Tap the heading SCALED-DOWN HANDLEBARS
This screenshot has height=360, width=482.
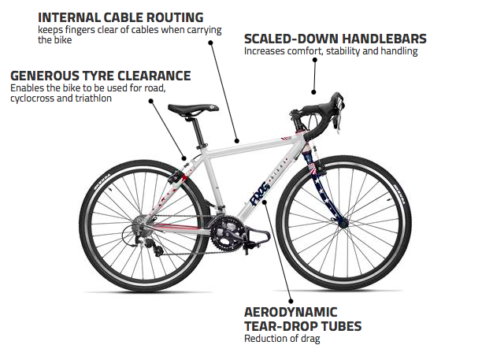tap(336, 38)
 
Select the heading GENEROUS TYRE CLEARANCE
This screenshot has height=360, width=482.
tap(100, 76)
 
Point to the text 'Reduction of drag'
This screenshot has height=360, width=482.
tap(281, 339)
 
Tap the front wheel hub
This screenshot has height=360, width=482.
tap(343, 223)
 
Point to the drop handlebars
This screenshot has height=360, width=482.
tap(327, 110)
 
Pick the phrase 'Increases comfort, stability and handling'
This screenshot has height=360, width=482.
tap(331, 51)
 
